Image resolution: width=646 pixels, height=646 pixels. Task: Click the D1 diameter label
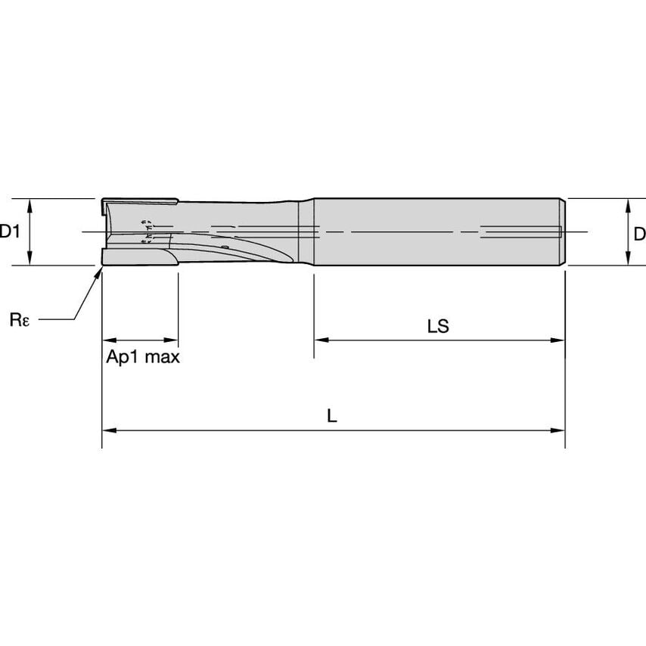tap(9, 232)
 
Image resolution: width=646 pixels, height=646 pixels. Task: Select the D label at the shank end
tap(639, 234)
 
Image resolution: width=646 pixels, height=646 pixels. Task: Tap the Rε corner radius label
tap(20, 320)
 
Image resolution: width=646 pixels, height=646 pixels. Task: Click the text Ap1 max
tap(143, 357)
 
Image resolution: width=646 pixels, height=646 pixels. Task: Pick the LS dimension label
tap(438, 326)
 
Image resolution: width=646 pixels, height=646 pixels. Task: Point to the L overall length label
tap(332, 415)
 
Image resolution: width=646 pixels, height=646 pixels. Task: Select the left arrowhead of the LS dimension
tap(320, 340)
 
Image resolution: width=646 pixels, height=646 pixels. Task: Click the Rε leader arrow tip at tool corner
tap(101, 269)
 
